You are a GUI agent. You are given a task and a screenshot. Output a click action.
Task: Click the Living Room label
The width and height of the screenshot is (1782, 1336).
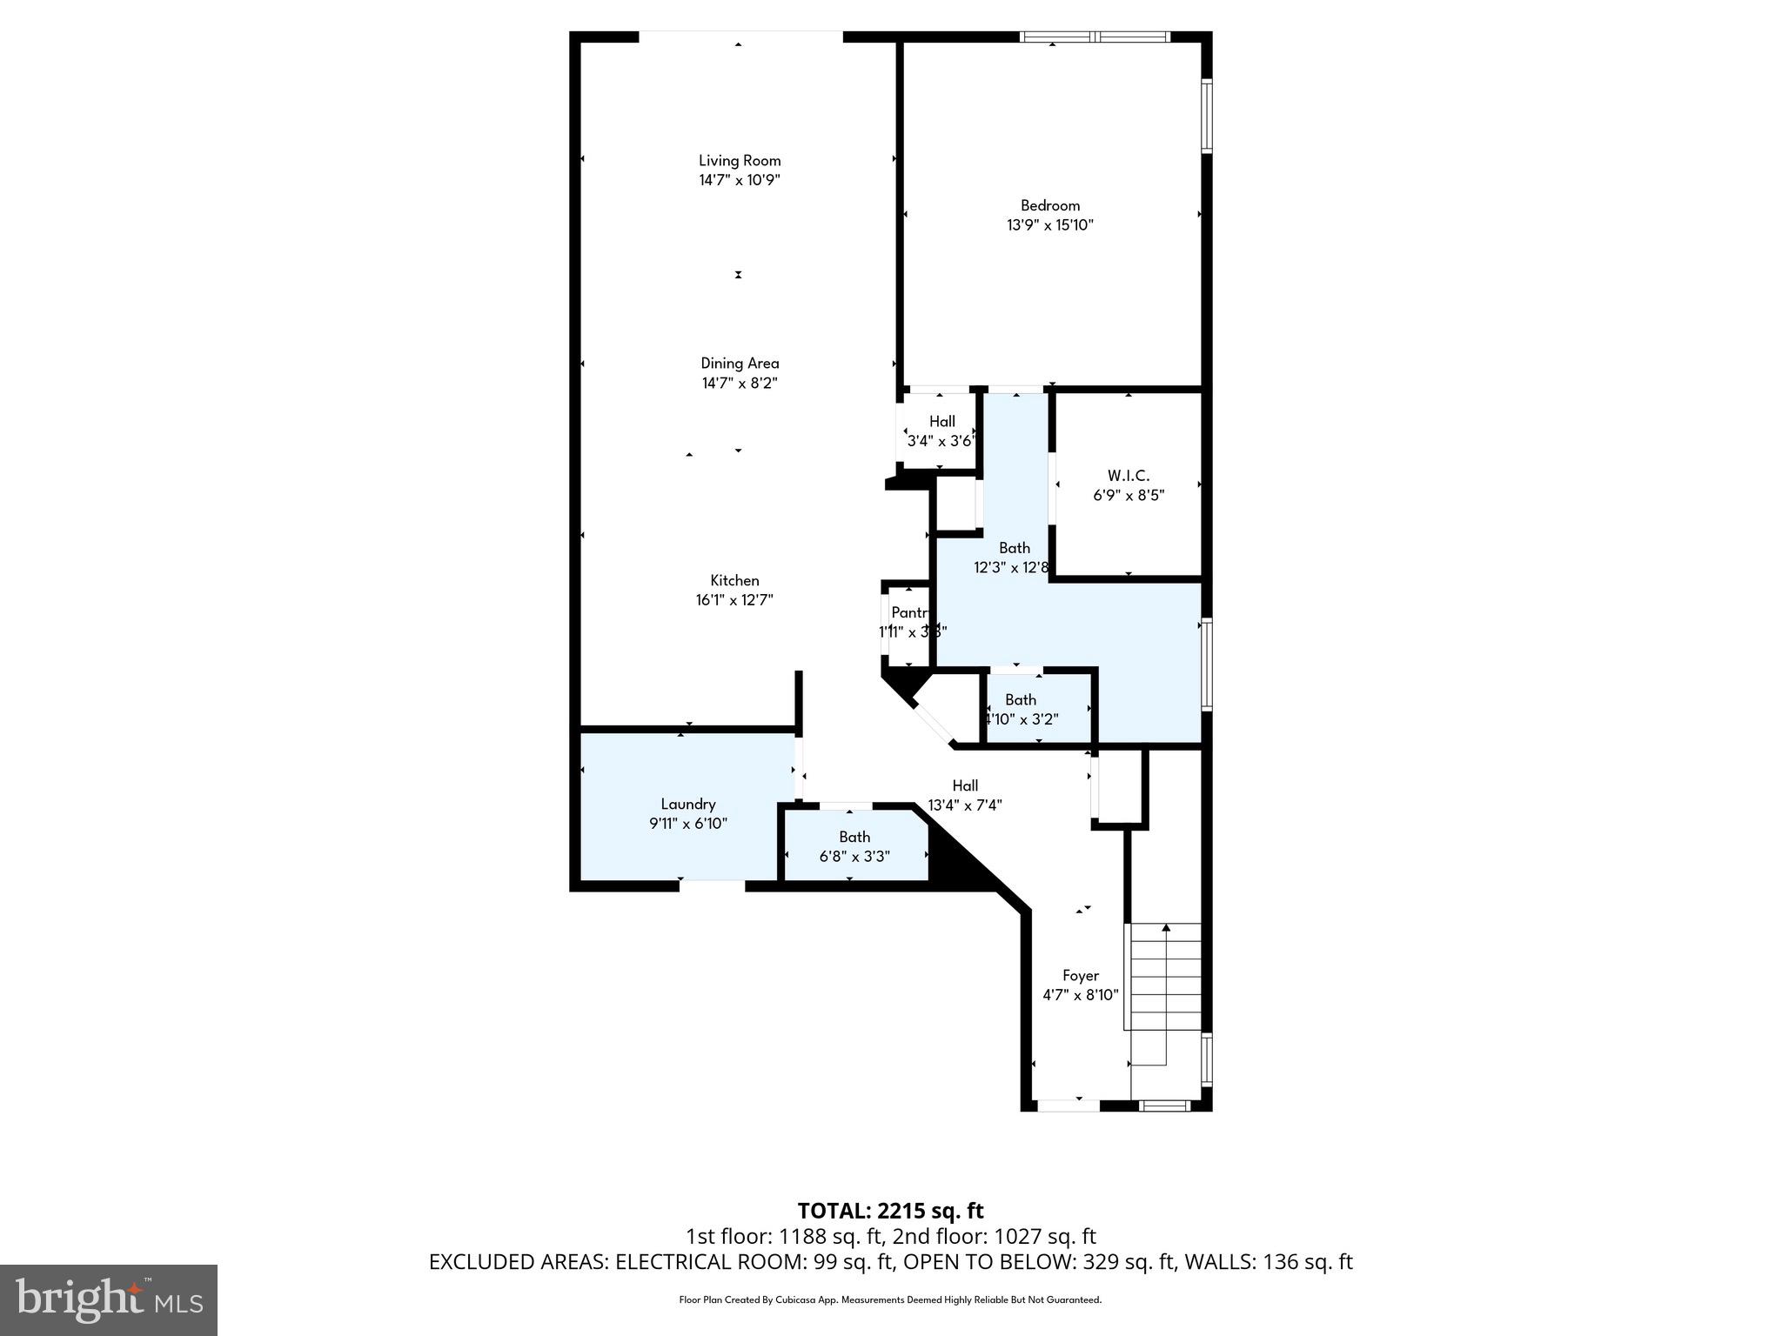[740, 160]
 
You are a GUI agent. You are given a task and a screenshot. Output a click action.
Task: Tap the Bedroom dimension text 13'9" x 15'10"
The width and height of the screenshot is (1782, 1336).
[1049, 225]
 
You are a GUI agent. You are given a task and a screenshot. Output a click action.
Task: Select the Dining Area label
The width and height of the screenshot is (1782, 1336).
[740, 363]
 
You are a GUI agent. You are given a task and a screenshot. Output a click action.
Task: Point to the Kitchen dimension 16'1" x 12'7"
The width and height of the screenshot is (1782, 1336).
[734, 600]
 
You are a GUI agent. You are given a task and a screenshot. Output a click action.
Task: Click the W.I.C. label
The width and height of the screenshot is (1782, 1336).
[1128, 476]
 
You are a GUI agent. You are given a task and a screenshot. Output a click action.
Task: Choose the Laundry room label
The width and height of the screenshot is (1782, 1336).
[687, 804]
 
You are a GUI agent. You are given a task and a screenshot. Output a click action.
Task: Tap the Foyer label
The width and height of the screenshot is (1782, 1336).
[1080, 975]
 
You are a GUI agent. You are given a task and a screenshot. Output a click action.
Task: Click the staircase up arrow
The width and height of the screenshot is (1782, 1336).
[1166, 929]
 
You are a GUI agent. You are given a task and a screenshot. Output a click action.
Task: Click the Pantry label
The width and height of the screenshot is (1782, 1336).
[910, 613]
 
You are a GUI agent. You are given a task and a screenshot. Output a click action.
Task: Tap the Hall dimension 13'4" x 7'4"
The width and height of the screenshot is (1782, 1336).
[964, 805]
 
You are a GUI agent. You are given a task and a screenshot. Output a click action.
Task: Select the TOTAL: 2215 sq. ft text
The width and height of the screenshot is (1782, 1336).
[890, 1211]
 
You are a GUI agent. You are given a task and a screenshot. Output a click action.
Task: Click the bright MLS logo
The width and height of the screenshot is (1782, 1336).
[109, 1299]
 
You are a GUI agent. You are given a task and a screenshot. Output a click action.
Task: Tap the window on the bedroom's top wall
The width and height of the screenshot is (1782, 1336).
[1095, 37]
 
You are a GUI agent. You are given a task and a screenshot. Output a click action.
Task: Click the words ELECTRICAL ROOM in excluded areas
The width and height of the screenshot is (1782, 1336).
[703, 1262]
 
